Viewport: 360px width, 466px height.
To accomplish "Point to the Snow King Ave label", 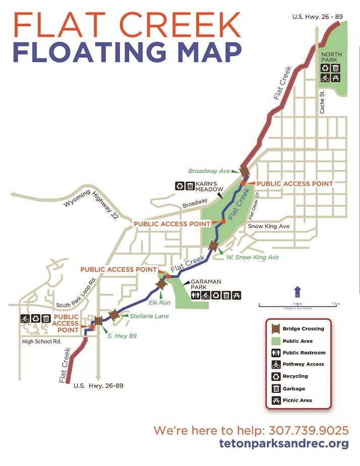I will (x=269, y=226).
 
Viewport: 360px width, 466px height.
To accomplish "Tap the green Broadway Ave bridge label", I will (x=209, y=171).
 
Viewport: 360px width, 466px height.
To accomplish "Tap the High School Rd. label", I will (x=42, y=341).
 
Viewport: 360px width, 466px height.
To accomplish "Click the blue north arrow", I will (x=297, y=292).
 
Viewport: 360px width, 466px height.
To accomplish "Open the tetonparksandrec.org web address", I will (x=284, y=444).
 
